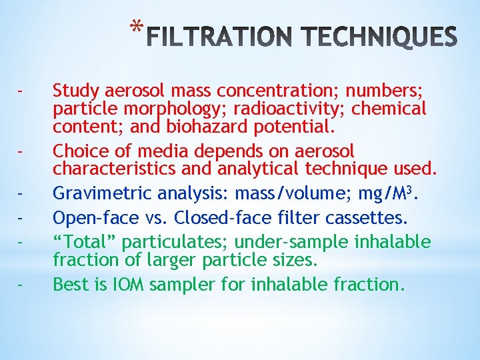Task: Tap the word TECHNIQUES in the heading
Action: click(x=374, y=38)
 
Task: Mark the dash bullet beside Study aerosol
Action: click(x=22, y=90)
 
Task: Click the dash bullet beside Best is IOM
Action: click(x=22, y=285)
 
